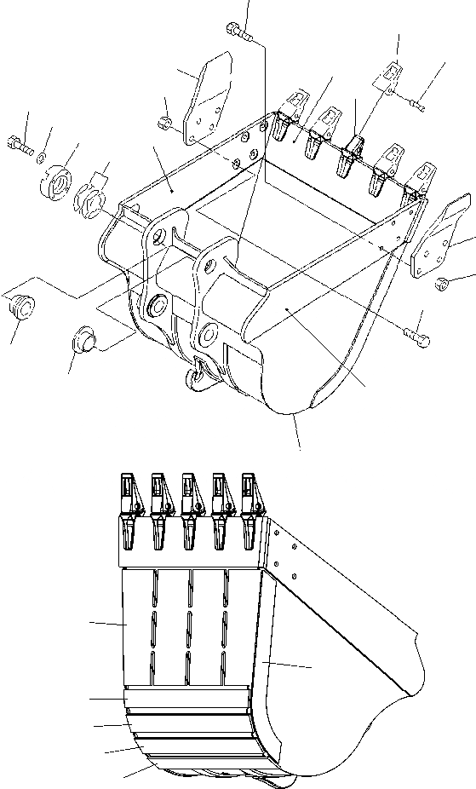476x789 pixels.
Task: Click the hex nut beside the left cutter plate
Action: coord(169,125)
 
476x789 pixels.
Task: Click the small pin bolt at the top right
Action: coord(416,104)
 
